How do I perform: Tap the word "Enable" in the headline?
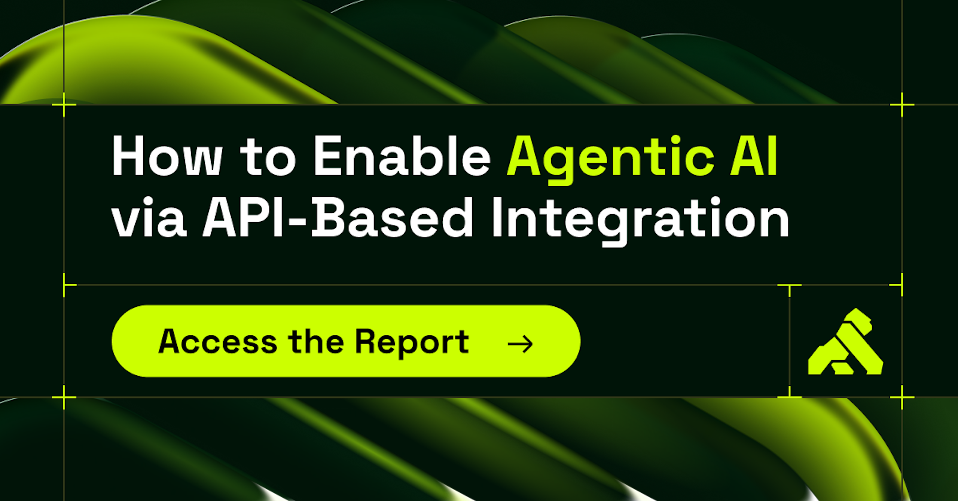(x=402, y=155)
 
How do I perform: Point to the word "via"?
(x=149, y=217)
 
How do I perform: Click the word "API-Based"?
(x=338, y=217)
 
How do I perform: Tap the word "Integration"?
(x=641, y=221)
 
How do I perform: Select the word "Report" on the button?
(x=412, y=344)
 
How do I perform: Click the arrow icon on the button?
(x=520, y=344)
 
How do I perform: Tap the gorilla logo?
(x=845, y=341)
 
